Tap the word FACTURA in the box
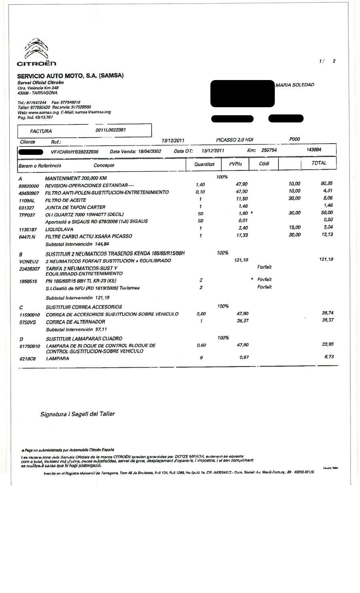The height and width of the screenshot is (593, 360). [41, 131]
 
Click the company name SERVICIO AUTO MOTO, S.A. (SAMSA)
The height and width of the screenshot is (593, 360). [70, 76]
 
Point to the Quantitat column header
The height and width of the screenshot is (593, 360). [204, 164]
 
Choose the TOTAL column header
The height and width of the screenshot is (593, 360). [319, 163]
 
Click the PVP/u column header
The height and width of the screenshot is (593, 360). [236, 164]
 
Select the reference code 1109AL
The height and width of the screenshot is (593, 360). [27, 200]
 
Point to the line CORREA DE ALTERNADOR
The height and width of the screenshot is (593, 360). [76, 322]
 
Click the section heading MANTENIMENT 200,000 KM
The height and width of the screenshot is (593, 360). [76, 178]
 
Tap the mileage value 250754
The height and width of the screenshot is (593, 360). [268, 150]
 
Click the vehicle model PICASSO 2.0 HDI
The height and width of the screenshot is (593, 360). [234, 140]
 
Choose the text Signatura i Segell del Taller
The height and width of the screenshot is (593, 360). [78, 414]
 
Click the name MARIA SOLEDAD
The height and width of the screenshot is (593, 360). [295, 85]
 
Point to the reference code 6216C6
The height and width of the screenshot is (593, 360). [27, 359]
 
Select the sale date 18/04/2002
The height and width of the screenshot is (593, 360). [150, 152]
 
